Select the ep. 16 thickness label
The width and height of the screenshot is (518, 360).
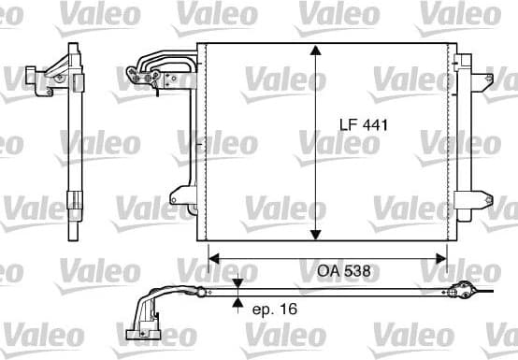275,308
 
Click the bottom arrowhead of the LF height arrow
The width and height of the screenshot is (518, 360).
318,234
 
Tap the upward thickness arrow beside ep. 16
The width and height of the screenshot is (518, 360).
238,303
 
